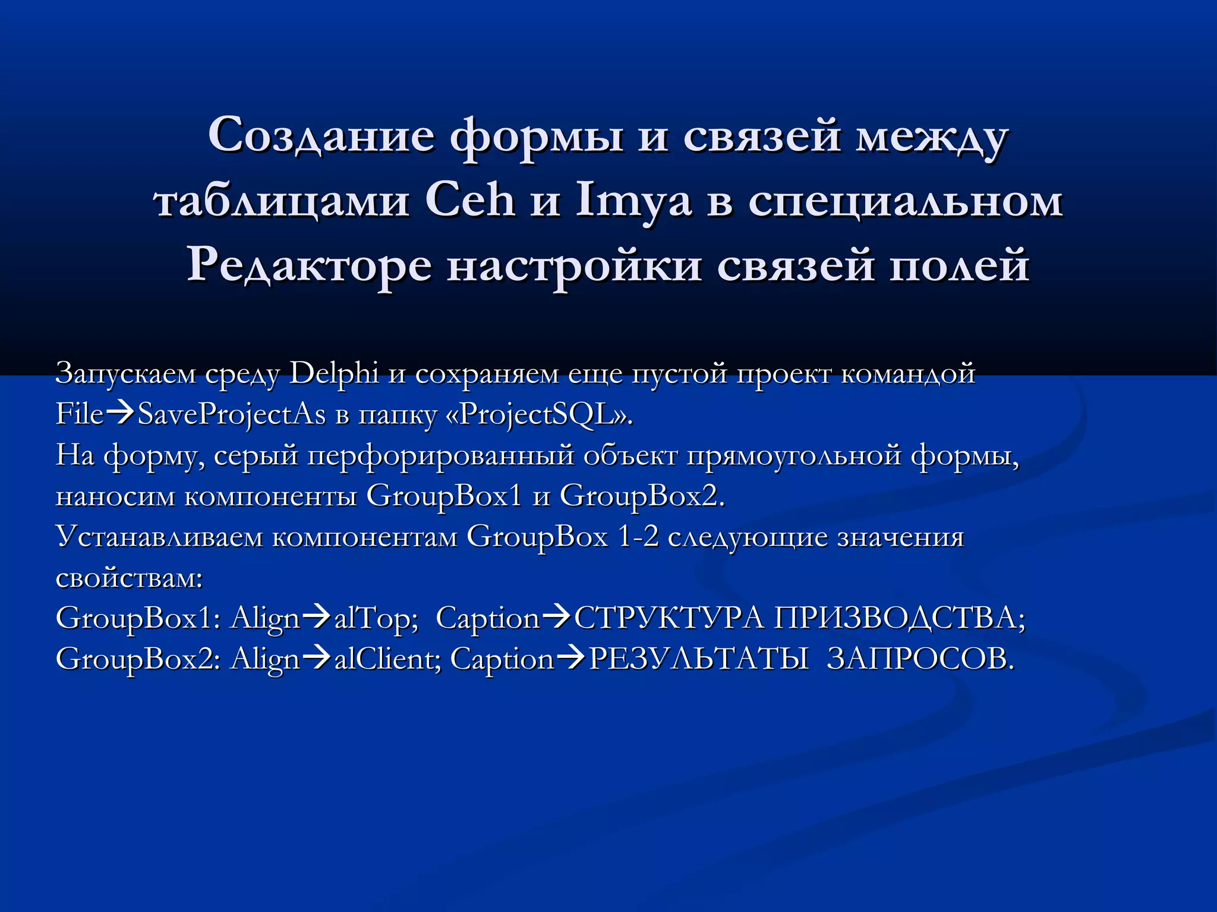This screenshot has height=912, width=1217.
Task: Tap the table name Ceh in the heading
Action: pyautogui.click(x=469, y=201)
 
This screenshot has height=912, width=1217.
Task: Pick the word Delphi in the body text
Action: pyautogui.click(x=334, y=374)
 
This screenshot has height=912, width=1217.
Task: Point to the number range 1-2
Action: pyautogui.click(x=638, y=537)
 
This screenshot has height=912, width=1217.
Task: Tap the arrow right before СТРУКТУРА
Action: pyautogui.click(x=557, y=617)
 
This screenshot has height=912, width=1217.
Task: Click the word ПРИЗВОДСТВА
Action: pyautogui.click(x=900, y=619)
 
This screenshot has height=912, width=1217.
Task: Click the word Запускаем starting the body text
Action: pyautogui.click(x=125, y=374)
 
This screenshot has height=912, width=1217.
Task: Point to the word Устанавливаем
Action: pyautogui.click(x=159, y=537)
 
